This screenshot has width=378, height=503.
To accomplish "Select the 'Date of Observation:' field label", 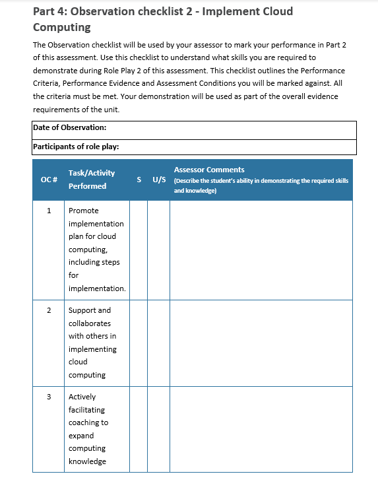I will pos(69,128).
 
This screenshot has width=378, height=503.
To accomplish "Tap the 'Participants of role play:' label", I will pos(75,147).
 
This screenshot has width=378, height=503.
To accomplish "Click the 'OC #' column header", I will pos(49,180).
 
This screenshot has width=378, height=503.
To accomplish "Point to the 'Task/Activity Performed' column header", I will pos(91,180).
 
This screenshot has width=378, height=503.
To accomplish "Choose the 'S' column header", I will pos(139,180).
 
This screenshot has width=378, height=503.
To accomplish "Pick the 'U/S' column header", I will pos(158,180).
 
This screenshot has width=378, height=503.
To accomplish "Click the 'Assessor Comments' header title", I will pos(209,170).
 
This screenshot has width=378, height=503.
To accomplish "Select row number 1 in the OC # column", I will pos(49,211).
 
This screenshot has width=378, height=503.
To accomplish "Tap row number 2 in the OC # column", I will pos(49,310).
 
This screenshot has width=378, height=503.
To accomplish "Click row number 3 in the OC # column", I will pos(49,397).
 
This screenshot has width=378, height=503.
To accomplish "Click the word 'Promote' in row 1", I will pos(84,211).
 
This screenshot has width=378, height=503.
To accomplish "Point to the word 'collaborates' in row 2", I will pos(89,323).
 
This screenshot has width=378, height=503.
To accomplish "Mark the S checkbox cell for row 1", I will pos(139,250).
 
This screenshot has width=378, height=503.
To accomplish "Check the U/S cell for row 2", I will pos(158,343).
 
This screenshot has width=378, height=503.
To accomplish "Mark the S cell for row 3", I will pos(139,429).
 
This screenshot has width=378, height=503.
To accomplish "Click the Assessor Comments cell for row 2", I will pos(261,343).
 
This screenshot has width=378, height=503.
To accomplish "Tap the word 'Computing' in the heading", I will pos(62,28).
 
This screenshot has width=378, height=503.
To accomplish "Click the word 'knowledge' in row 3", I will pos(87,461).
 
